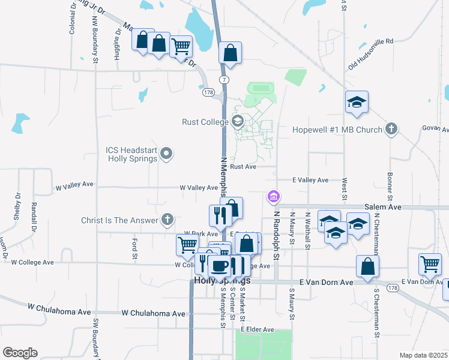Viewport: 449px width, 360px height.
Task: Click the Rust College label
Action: click(x=205, y=122)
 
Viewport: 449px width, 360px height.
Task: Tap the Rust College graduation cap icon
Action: click(x=237, y=122)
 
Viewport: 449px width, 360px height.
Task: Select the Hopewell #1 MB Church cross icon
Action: click(x=391, y=129)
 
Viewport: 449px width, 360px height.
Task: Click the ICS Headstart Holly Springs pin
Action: click(x=167, y=154)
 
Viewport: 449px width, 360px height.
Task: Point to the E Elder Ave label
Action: click(x=257, y=329)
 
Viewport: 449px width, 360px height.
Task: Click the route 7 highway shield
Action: click(x=223, y=79)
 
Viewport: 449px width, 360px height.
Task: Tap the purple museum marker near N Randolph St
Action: click(x=274, y=196)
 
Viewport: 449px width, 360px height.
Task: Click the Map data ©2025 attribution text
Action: click(x=423, y=355)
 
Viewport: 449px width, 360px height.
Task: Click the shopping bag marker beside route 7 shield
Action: click(x=230, y=53)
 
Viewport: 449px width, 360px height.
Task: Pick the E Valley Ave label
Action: click(x=310, y=180)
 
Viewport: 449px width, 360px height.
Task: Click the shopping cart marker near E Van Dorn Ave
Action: click(x=430, y=263)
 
